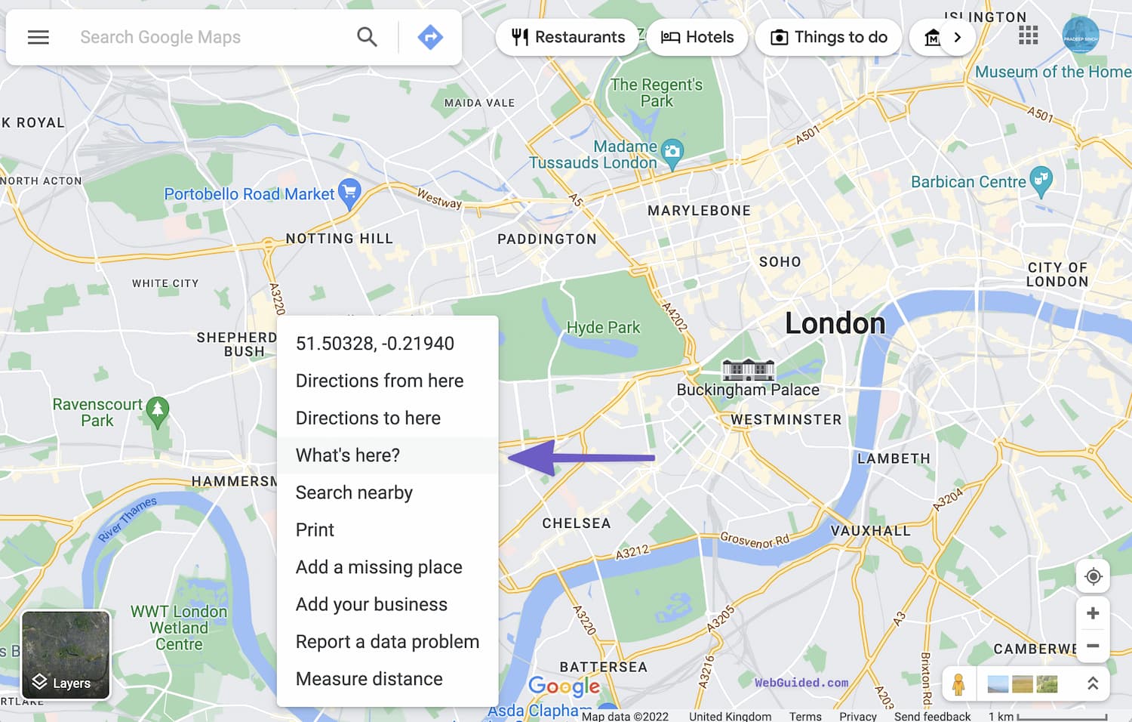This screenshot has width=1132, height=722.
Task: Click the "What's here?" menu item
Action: click(x=348, y=455)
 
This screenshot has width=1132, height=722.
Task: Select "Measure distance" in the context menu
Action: click(x=369, y=679)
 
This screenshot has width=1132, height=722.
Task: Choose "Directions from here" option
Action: click(x=380, y=381)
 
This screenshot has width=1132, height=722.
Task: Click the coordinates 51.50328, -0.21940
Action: click(x=375, y=344)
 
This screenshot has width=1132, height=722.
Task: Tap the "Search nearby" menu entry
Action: click(x=354, y=492)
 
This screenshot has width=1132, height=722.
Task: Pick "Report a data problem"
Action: click(x=387, y=642)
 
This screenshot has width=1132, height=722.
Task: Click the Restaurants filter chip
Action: click(x=568, y=37)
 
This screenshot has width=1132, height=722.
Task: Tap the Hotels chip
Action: click(x=697, y=37)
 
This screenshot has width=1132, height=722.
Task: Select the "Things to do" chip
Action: click(x=829, y=37)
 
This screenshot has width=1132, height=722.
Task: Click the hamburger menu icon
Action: click(x=38, y=37)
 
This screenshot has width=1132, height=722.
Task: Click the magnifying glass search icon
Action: click(x=368, y=37)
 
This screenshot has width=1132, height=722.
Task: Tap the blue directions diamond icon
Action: click(x=430, y=37)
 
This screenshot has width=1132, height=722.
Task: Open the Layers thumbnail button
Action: click(x=66, y=655)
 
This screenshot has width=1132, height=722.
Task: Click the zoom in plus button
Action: click(x=1092, y=613)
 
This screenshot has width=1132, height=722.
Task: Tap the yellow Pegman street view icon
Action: click(x=958, y=684)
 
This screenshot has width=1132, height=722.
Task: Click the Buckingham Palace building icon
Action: click(x=748, y=369)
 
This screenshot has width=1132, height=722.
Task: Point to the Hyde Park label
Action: click(x=603, y=328)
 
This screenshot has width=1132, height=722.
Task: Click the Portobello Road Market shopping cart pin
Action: click(x=349, y=193)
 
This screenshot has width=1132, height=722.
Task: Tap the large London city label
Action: click(x=835, y=323)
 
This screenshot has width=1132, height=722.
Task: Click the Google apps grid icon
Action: click(x=1028, y=35)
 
